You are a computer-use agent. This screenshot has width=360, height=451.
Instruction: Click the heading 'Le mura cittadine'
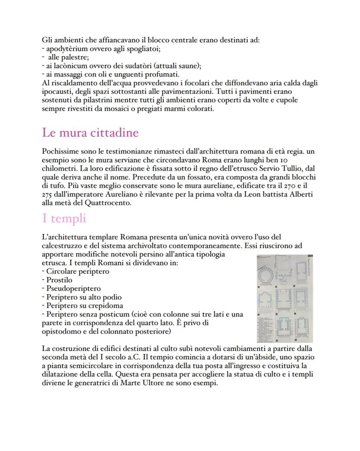pyautogui.click(x=90, y=133)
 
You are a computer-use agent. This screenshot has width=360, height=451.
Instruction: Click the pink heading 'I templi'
pyautogui.click(x=64, y=218)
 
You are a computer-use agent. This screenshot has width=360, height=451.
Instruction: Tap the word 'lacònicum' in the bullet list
pyautogui.click(x=70, y=66)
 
